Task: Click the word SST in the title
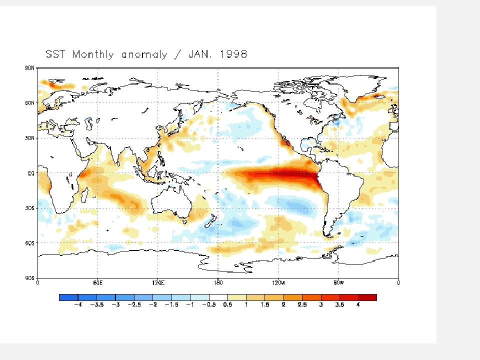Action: coord(55,54)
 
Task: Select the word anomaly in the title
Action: coord(144,55)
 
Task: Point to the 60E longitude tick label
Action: coord(97,283)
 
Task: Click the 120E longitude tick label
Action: coord(158,283)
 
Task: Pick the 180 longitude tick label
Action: coord(218,283)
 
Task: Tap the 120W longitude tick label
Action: coord(278,283)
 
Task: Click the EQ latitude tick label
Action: coord(31,173)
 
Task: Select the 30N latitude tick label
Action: coord(29,138)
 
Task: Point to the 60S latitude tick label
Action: coord(29,243)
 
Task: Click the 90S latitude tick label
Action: coord(29,278)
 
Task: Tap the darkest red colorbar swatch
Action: coord(367,297)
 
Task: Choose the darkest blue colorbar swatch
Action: coord(68,297)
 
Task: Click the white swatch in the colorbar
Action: coord(218,297)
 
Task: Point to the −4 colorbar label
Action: coord(78,305)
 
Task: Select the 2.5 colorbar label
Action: coord(302,305)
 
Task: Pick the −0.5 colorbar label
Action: coord(209,305)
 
